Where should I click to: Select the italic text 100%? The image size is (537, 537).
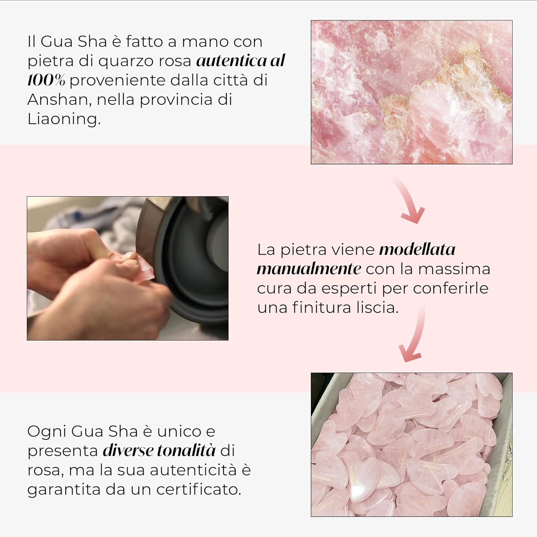[x=46, y=80]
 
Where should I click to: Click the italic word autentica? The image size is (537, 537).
[x=231, y=61]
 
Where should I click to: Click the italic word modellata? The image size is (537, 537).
[x=417, y=249]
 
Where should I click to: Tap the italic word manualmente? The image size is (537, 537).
[x=309, y=268]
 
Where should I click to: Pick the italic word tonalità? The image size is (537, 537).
[x=186, y=450]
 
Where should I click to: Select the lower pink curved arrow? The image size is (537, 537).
[x=413, y=337]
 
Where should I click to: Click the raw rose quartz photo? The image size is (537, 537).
[x=411, y=92]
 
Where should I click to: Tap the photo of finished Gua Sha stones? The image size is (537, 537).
[x=411, y=444]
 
